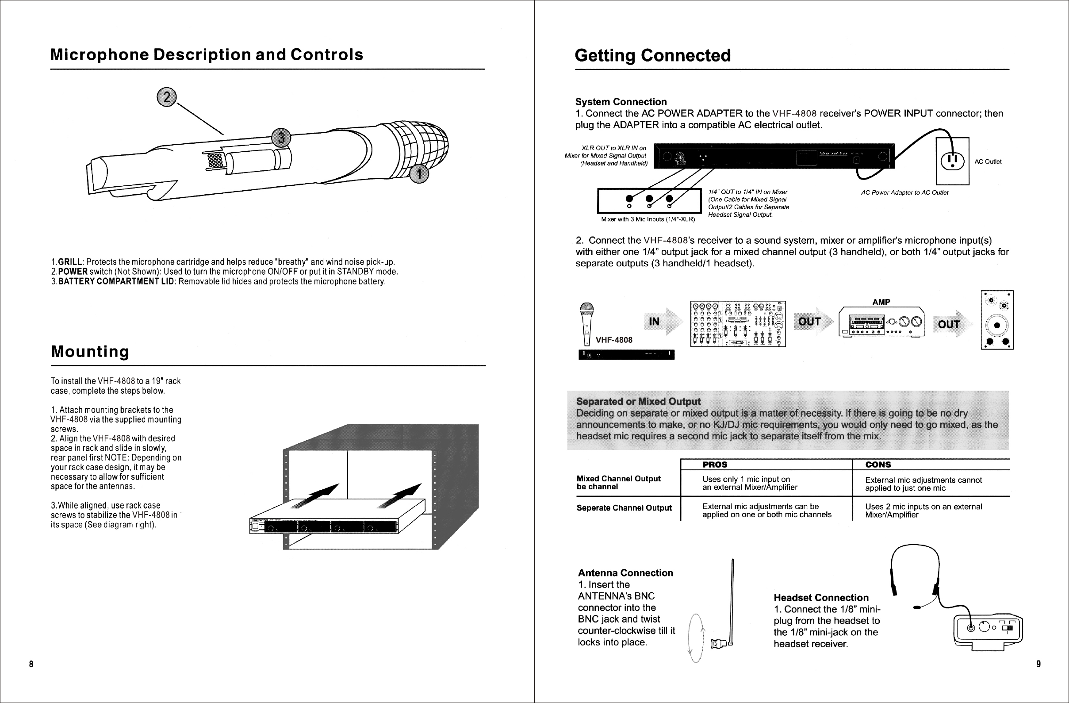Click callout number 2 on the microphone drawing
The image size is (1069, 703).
167,97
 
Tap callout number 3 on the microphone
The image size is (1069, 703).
281,138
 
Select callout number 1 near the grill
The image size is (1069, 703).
420,174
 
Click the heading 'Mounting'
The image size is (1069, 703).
90,351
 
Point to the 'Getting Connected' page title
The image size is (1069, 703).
653,56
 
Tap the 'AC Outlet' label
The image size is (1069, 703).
988,162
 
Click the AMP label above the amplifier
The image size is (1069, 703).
881,302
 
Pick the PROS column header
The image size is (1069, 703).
715,465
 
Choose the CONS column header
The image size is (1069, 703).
877,465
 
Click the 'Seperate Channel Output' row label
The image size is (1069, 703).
624,508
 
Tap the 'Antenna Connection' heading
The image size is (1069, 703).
625,573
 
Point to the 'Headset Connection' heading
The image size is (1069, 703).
820,598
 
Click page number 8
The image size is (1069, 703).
31,664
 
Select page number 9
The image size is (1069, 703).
1038,664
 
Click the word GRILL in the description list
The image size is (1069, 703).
70,262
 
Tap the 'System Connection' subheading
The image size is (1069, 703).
621,102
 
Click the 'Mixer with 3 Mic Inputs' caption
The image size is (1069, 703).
648,219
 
